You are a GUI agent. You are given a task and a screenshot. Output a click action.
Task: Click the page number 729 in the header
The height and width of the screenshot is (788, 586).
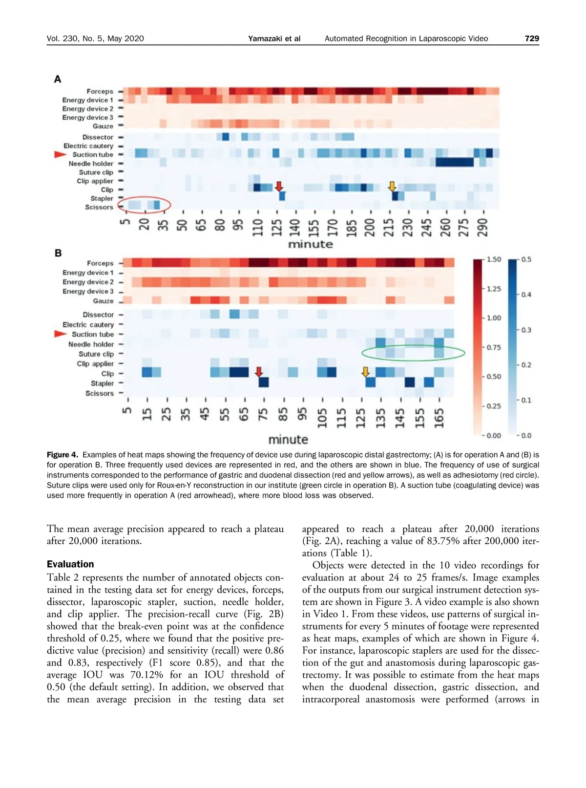(532, 39)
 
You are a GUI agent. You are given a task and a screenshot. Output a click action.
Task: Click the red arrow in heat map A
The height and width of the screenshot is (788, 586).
(279, 186)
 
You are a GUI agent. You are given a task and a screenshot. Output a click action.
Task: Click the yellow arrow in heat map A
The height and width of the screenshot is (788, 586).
(392, 186)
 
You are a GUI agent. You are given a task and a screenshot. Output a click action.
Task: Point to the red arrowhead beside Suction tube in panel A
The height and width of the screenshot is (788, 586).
(60, 154)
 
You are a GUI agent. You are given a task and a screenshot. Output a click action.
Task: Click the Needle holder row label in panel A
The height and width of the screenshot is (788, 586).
(91, 164)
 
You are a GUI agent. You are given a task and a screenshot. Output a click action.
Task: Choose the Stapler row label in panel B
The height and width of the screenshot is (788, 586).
(102, 383)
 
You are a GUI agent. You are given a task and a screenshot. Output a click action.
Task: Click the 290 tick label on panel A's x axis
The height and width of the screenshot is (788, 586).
(483, 227)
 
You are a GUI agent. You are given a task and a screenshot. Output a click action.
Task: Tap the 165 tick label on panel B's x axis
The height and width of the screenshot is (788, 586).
(439, 418)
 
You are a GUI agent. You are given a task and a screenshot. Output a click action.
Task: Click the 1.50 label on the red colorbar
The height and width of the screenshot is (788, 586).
(494, 259)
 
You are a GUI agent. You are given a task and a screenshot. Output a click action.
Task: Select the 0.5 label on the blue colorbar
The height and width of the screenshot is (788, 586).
(526, 259)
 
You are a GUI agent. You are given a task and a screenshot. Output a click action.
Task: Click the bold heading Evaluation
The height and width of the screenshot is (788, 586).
(70, 564)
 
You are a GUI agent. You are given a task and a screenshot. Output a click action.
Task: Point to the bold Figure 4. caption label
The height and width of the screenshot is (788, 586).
(63, 455)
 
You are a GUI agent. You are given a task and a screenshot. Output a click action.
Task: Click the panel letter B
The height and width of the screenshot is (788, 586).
(58, 253)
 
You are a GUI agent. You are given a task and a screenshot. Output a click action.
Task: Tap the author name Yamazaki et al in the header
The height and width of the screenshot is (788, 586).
(274, 39)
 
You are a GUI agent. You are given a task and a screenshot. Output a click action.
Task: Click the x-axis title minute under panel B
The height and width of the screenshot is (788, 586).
(288, 439)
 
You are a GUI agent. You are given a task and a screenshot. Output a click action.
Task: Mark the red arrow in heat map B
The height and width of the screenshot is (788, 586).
(259, 372)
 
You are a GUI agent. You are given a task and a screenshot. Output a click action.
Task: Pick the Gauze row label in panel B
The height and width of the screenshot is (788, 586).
(103, 301)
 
